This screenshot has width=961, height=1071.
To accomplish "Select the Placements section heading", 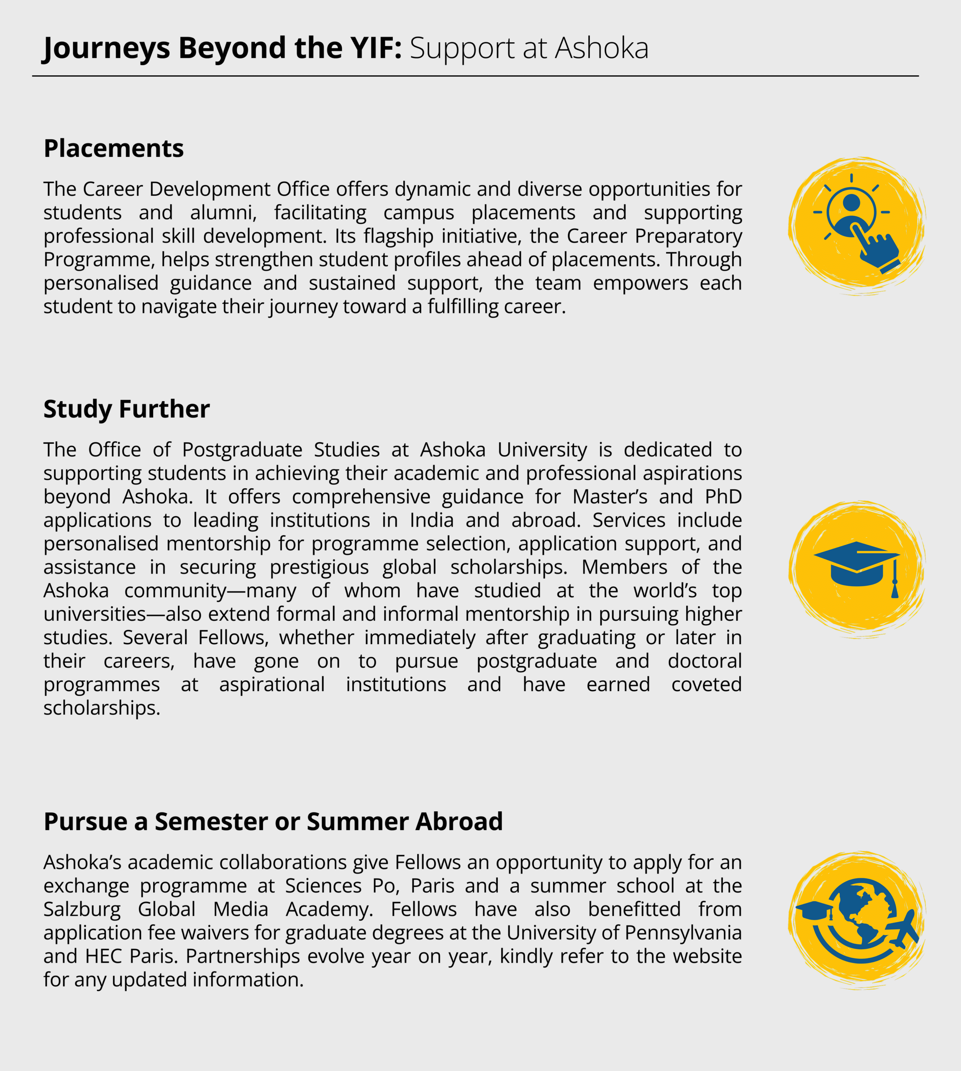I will coord(113,149).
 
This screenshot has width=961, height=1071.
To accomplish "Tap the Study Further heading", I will coord(126,409).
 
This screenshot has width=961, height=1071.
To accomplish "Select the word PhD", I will coord(723,497).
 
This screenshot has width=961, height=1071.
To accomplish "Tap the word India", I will coord(431,520).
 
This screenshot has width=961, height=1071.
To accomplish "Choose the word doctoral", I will coord(705,661).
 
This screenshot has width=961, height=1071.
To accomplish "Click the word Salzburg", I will coord(82,910).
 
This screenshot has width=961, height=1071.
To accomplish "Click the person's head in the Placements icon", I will coord(851,202).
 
